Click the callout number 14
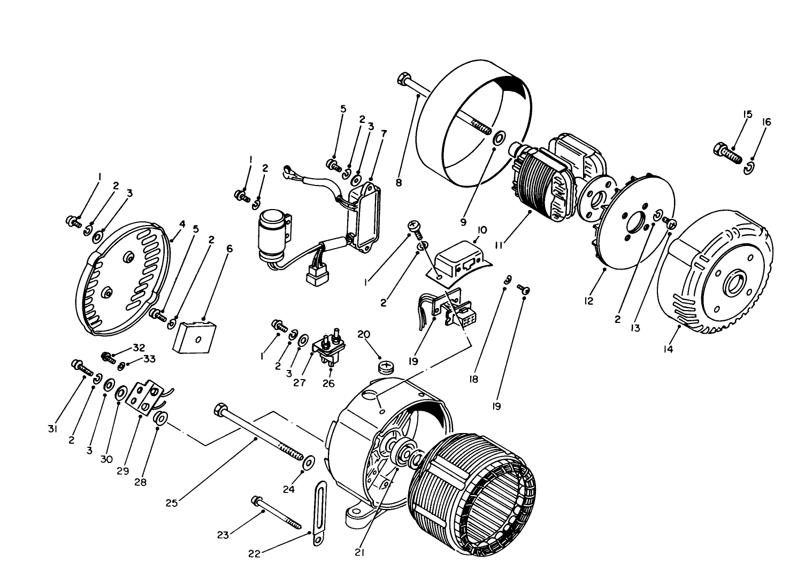point(668,349)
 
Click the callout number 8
point(398,182)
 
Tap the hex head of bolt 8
point(403,80)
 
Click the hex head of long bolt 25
point(219,411)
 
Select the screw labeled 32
point(108,357)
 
